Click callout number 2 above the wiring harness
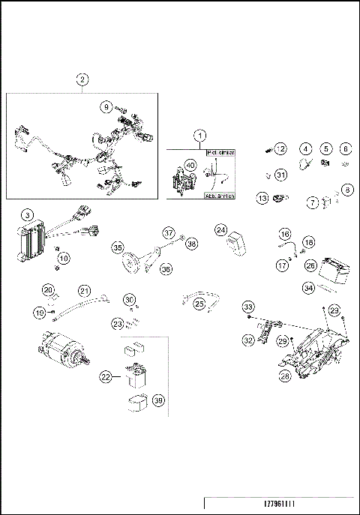click(82, 79)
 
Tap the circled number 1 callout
click(199, 136)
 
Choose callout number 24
click(220, 229)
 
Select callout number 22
click(107, 379)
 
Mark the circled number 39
click(158, 402)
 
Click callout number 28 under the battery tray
click(283, 376)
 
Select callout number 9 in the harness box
click(107, 106)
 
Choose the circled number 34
click(309, 287)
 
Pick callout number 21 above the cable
click(84, 290)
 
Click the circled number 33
click(248, 306)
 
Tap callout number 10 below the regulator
click(64, 258)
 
